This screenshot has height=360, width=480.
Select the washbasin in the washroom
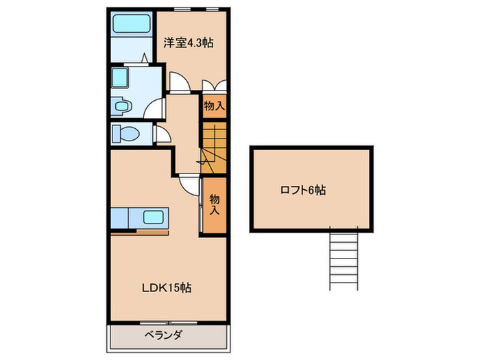(x=122, y=107)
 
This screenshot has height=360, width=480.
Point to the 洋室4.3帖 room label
(x=188, y=43)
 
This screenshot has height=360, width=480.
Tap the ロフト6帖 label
(x=302, y=190)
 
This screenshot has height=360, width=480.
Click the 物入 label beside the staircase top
(x=213, y=106)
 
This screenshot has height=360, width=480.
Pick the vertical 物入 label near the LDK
(x=213, y=204)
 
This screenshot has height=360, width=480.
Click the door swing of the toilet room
(x=162, y=134)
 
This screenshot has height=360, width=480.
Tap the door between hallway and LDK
(x=190, y=184)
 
